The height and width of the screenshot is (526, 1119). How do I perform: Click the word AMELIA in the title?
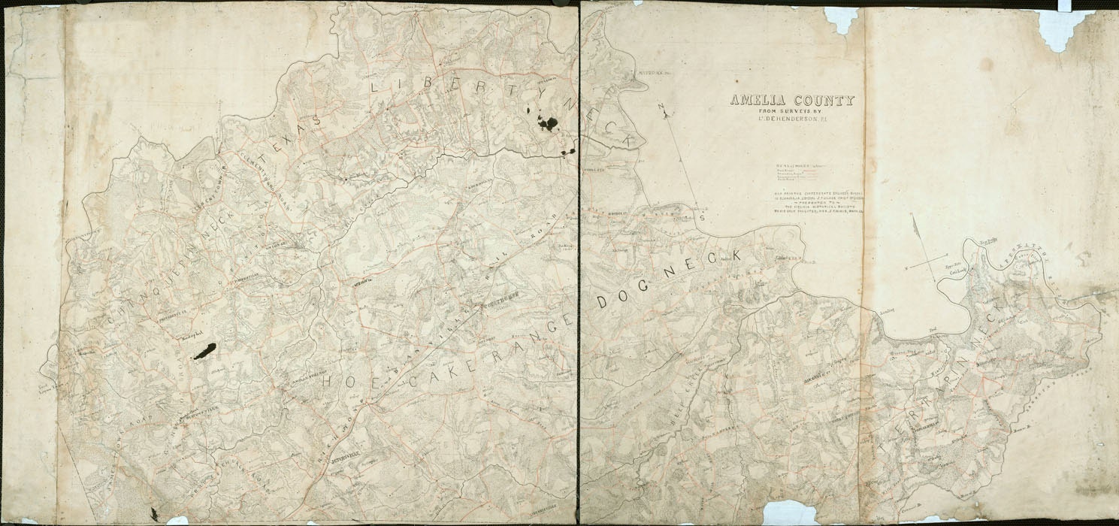tap(755, 101)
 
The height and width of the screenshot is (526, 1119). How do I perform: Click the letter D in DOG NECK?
tap(603, 303)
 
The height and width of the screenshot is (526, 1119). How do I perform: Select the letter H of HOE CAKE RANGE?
tap(328, 382)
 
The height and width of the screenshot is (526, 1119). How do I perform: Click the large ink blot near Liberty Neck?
tap(547, 122)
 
